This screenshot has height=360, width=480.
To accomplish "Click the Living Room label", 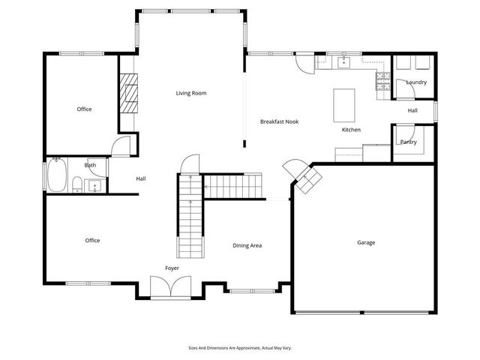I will (191, 93).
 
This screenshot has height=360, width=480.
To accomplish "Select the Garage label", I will (366, 242).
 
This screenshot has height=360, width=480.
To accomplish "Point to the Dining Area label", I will (247, 245).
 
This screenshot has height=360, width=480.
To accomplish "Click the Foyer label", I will (172, 268).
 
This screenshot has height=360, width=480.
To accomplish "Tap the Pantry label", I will (408, 142).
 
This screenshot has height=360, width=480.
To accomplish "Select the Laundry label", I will (416, 82).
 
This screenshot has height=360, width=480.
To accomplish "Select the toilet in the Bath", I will (77, 184).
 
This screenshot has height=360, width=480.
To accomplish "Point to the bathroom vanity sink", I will (94, 186).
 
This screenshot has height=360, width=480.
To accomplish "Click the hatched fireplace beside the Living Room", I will (128, 93).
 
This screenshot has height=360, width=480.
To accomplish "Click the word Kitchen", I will (351, 130).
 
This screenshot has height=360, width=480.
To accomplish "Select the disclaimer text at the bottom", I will (240, 348).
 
